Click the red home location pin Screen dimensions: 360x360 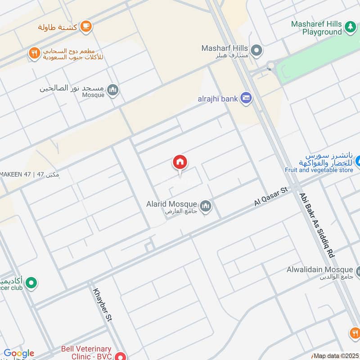click(x=180, y=163)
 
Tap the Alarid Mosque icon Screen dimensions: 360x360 click(x=206, y=206)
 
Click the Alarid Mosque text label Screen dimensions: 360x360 click(x=171, y=204)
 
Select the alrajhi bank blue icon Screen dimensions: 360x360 click(x=246, y=98)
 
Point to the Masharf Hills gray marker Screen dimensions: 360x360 click(x=256, y=50)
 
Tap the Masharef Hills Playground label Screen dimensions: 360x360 click(x=316, y=28)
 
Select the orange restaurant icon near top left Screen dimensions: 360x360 click(x=34, y=54)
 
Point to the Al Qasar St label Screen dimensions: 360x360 click(x=271, y=197)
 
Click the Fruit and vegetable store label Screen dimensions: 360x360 click(x=319, y=170)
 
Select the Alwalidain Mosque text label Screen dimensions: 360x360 click(x=319, y=270)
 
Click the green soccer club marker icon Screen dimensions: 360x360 click(x=31, y=283)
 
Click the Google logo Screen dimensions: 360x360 click(x=19, y=353)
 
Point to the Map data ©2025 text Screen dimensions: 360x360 click(x=335, y=356)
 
